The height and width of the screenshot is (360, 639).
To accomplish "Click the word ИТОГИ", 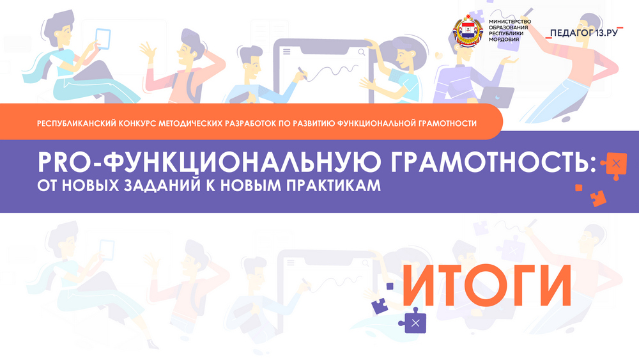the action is click(x=487, y=285).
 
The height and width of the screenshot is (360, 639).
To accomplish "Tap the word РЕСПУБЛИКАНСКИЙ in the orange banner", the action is click(x=76, y=123).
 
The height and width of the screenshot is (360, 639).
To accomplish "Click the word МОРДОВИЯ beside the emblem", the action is click(x=504, y=40).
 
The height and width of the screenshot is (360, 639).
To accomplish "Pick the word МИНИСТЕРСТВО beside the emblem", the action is click(x=510, y=21).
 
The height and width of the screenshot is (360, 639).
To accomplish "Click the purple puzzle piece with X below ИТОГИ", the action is click(x=413, y=321).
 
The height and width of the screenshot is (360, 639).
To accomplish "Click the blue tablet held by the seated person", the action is click(x=103, y=39).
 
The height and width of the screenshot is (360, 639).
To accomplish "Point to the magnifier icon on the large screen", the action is click(x=362, y=52).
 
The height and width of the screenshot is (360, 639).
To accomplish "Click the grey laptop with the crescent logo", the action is click(x=497, y=98).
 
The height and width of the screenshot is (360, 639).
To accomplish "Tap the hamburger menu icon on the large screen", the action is click(x=286, y=51).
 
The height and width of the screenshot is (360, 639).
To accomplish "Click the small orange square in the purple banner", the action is click(x=579, y=187).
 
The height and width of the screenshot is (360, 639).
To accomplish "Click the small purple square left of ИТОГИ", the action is click(x=390, y=286).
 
